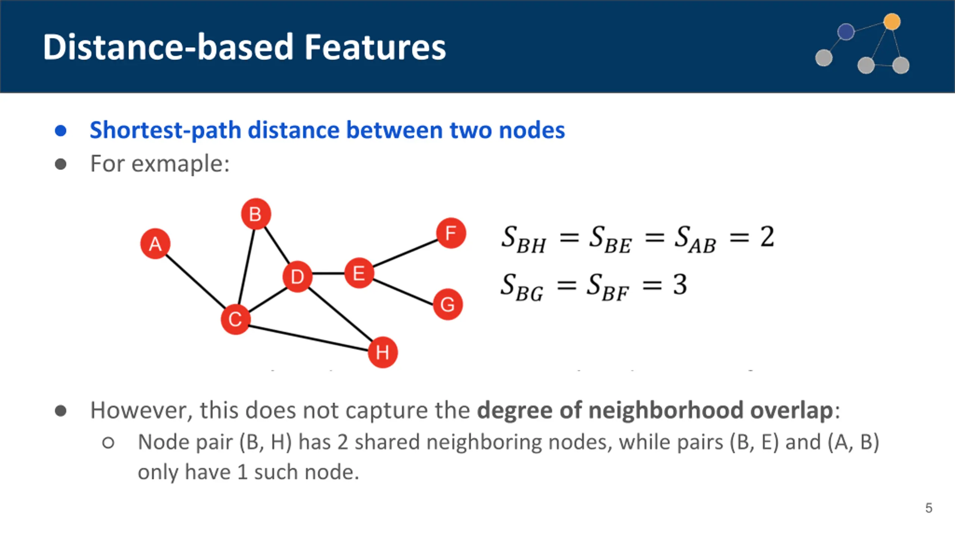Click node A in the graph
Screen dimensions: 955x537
tap(155, 244)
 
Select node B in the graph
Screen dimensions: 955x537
tap(256, 214)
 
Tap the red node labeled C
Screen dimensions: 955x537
tap(235, 319)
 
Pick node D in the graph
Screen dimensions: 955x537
tap(297, 277)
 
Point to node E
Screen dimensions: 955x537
tap(359, 273)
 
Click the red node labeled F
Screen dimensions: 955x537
tap(451, 233)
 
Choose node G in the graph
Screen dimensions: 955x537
tap(448, 304)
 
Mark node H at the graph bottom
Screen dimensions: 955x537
tap(382, 352)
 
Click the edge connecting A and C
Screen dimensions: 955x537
tap(194, 280)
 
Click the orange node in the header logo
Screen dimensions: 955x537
tap(892, 21)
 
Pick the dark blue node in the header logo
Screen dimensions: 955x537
tap(846, 31)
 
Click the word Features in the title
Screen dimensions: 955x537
tap(375, 47)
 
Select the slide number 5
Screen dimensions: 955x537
tap(929, 508)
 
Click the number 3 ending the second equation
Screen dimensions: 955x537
tap(680, 285)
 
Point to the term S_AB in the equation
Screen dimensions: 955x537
tap(695, 239)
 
